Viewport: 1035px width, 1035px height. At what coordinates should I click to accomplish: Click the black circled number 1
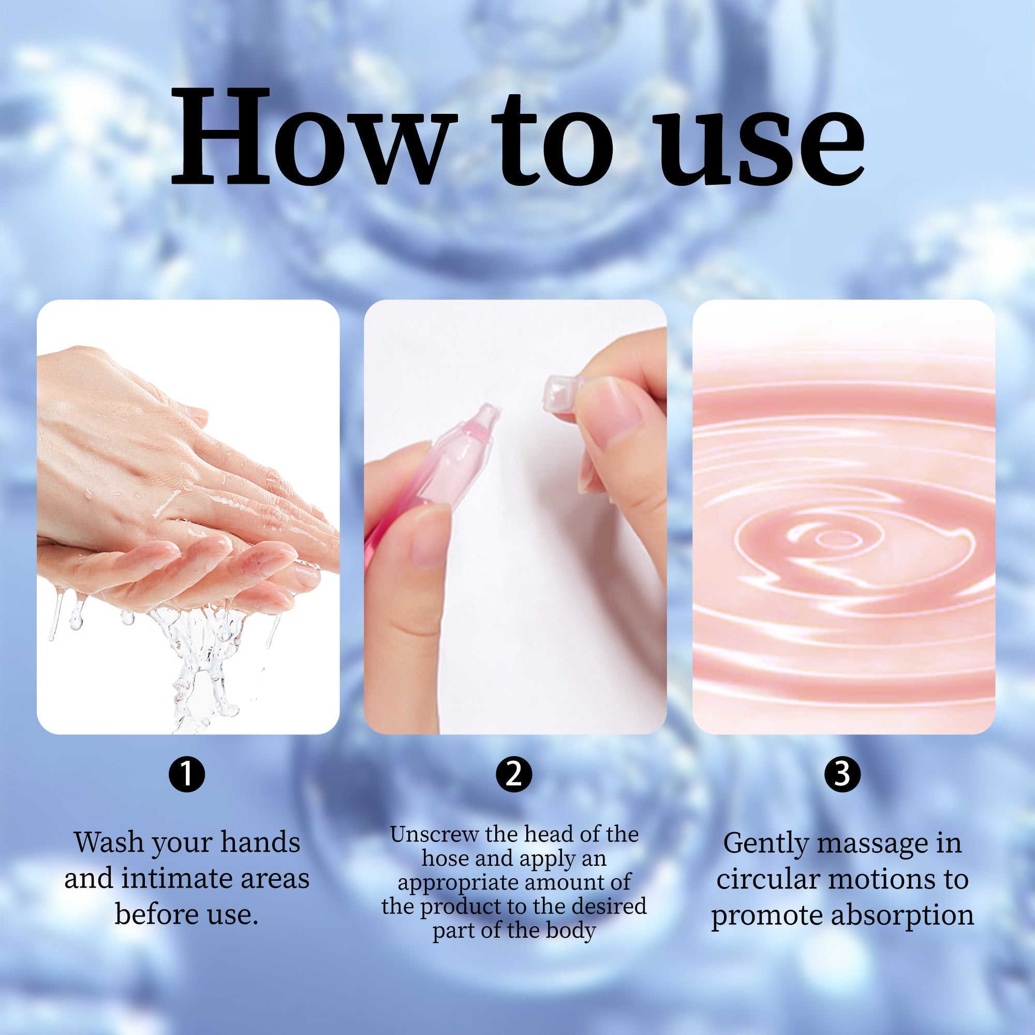coord(187,773)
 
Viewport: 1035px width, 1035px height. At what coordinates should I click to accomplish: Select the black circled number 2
coord(514,773)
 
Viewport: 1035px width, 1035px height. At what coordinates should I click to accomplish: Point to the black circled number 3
coord(842,773)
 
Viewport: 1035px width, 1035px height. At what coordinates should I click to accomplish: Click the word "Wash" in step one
coord(109,842)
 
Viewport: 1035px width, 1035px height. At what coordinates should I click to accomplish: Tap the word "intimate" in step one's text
coord(175,879)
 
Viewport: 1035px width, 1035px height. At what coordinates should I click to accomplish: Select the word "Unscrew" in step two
coord(435,835)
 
